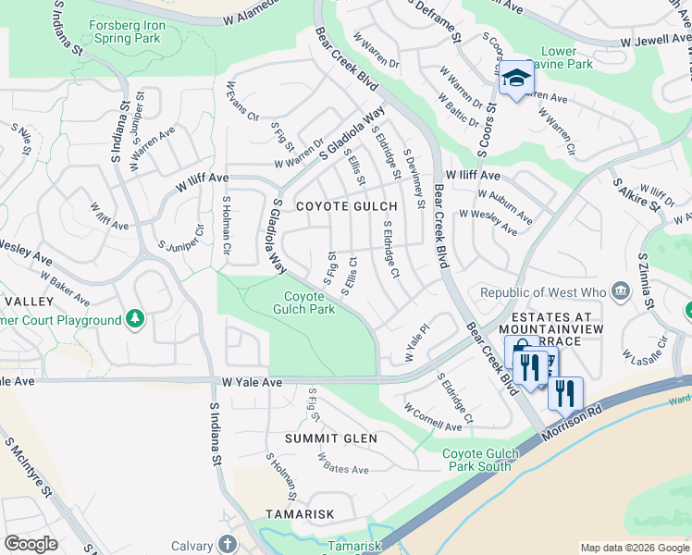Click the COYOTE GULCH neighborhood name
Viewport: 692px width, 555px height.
pyautogui.click(x=346, y=206)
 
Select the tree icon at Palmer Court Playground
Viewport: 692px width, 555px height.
pyautogui.click(x=135, y=320)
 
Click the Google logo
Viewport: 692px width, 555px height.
pyautogui.click(x=31, y=544)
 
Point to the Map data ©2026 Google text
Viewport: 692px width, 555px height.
pyautogui.click(x=634, y=548)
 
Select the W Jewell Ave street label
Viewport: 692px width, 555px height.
pyautogui.click(x=655, y=43)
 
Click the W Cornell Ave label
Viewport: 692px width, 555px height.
pyautogui.click(x=433, y=418)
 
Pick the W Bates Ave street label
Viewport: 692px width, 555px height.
pyautogui.click(x=342, y=463)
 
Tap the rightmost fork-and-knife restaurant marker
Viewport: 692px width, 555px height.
pyautogui.click(x=565, y=393)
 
